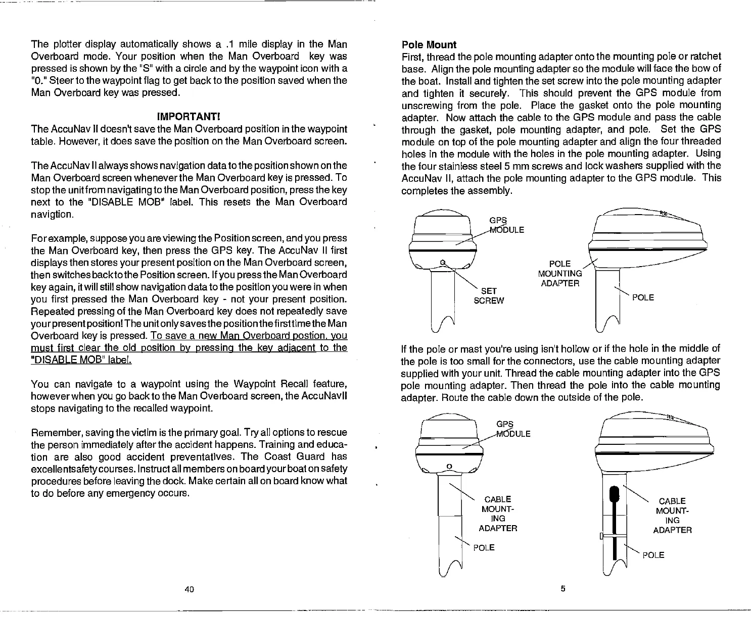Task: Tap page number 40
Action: [190, 589]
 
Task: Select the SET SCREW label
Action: [489, 296]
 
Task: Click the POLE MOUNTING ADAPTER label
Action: [560, 274]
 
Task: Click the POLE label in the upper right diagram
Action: [643, 297]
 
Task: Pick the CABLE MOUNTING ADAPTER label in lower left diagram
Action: [498, 514]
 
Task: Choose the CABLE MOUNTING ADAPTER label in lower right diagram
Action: [672, 516]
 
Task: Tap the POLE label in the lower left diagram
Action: [484, 548]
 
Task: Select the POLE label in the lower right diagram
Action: [653, 555]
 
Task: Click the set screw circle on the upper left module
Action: [442, 262]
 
